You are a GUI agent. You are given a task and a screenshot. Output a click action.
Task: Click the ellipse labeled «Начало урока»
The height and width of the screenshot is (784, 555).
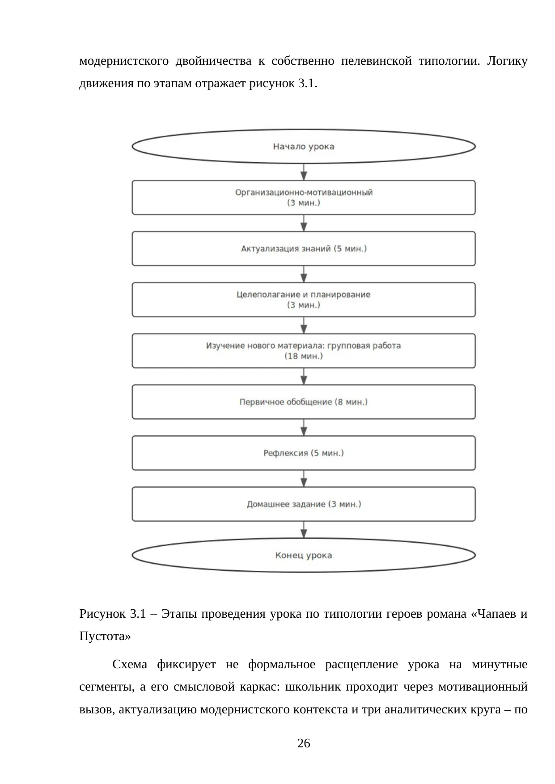(304, 146)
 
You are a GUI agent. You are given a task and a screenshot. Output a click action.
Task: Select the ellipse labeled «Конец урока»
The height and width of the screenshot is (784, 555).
(304, 555)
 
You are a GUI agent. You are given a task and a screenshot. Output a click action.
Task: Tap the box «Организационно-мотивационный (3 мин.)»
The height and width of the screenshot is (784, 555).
(304, 198)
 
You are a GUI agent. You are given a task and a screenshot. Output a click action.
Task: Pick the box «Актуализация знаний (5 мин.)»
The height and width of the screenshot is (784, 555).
(304, 249)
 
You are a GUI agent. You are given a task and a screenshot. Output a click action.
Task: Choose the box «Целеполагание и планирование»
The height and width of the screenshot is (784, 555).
(304, 299)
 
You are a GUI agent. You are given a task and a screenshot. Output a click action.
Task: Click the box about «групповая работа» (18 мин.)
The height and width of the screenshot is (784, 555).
(304, 351)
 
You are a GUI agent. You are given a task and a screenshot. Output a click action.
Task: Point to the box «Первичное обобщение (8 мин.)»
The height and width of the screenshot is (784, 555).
(304, 402)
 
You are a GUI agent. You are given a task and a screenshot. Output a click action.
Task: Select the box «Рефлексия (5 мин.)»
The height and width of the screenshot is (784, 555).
(304, 453)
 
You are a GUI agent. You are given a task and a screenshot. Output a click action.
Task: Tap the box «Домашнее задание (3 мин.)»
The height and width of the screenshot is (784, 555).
(304, 504)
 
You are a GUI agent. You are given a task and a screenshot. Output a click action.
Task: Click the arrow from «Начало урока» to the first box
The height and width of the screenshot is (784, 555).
(304, 172)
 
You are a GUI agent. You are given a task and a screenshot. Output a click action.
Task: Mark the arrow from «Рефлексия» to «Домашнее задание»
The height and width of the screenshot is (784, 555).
(304, 478)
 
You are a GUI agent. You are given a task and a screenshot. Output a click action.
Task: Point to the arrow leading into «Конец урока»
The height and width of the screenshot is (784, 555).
(304, 530)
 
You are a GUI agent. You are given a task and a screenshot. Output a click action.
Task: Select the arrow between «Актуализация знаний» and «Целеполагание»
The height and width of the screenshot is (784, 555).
(304, 274)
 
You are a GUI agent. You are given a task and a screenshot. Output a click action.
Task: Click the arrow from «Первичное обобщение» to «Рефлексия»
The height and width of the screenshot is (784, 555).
(304, 427)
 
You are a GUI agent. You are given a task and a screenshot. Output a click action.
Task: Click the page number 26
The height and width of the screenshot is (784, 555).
(304, 743)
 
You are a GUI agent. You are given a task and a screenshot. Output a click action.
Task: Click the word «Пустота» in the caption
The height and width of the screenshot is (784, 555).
(105, 636)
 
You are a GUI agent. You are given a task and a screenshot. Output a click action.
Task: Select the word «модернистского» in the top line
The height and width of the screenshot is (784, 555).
(124, 61)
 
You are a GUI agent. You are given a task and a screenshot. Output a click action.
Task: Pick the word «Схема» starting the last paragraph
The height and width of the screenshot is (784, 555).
(130, 664)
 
